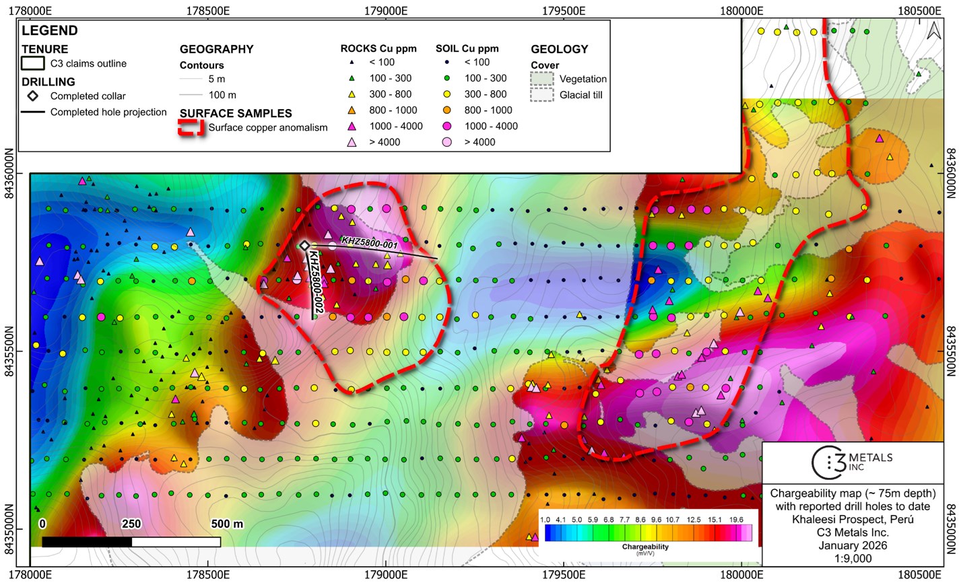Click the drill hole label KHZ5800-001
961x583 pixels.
click(369, 242)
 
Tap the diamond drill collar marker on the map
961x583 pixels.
click(304, 246)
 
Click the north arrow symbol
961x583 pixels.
click(933, 31)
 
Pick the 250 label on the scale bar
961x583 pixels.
click(131, 524)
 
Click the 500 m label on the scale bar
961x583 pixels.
click(227, 524)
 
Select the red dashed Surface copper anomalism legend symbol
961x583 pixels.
click(191, 128)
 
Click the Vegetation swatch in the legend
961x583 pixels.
click(543, 79)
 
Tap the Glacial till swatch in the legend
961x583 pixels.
click(543, 95)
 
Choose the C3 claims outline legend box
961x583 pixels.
click(32, 63)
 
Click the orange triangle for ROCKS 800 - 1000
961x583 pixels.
click(352, 110)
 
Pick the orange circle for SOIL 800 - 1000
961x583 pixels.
click(447, 110)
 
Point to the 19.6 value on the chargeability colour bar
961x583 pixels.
click(735, 520)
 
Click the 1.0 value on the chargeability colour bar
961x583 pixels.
click(545, 520)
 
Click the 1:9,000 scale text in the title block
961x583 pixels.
click(853, 558)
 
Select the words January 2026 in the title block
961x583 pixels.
click(853, 545)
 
